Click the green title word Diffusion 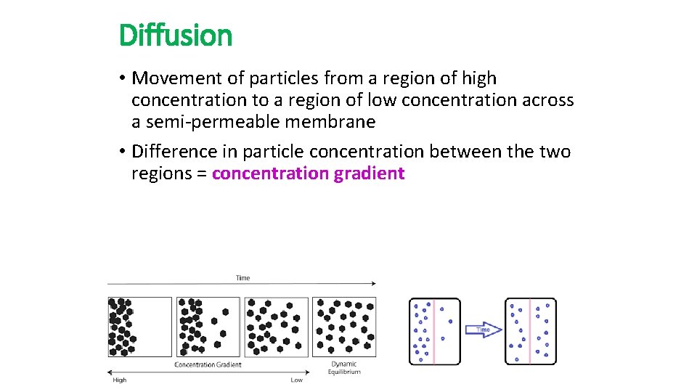click(175, 35)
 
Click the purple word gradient click(369, 173)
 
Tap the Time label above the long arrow click(242, 277)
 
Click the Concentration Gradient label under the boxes click(208, 364)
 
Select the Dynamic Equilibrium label click(344, 368)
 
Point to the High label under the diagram click(120, 380)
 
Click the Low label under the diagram click(296, 380)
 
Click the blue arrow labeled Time click(483, 330)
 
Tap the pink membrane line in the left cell click(434, 331)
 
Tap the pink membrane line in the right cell click(530, 331)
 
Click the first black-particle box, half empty click(140, 326)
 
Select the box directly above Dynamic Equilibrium click(344, 326)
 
